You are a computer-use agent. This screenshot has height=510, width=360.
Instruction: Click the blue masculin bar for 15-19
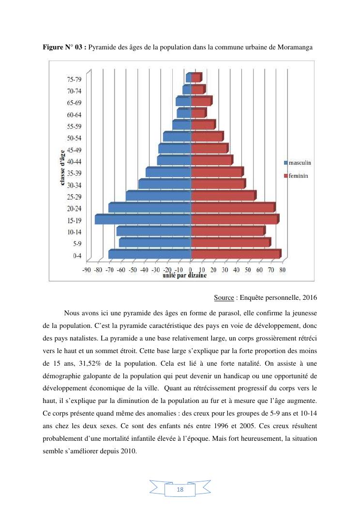click(x=143, y=219)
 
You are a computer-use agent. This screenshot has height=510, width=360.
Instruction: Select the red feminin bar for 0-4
click(x=235, y=254)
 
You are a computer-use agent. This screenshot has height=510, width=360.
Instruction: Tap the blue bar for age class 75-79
click(x=188, y=77)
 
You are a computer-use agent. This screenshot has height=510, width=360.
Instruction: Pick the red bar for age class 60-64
click(x=198, y=113)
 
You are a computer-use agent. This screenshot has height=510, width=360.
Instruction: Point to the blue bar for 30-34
click(x=165, y=184)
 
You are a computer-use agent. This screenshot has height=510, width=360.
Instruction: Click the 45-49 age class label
click(x=74, y=150)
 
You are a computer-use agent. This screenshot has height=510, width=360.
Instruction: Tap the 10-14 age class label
click(x=74, y=232)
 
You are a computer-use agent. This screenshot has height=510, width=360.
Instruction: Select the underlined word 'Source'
click(x=224, y=297)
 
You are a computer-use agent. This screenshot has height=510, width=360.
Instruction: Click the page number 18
click(x=180, y=490)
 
